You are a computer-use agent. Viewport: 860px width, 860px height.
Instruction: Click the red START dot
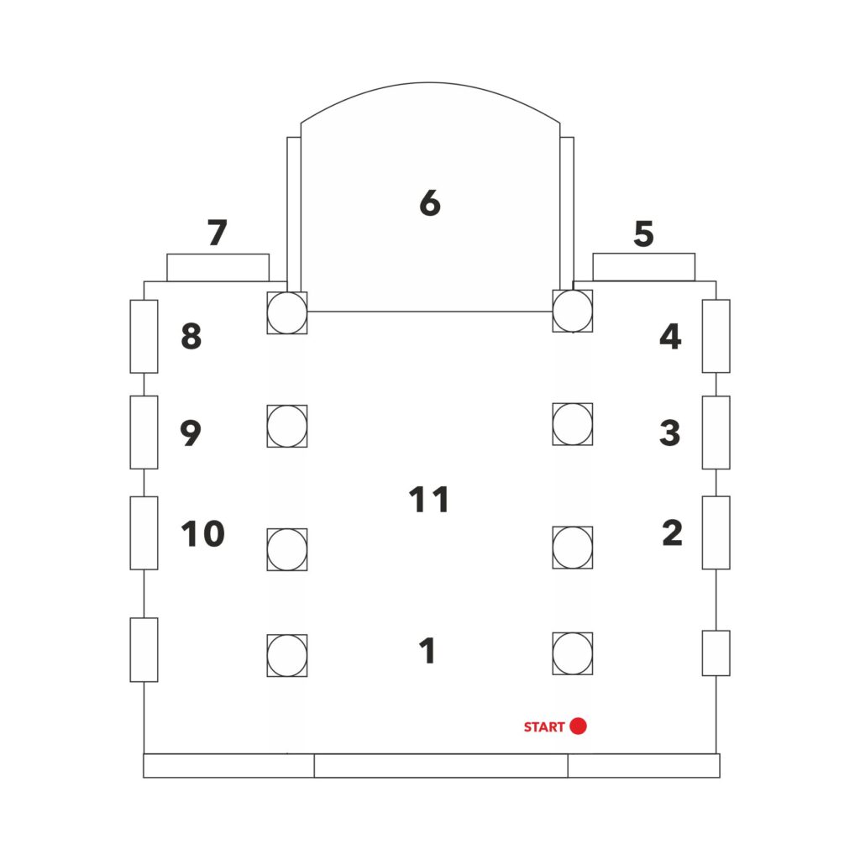(578, 726)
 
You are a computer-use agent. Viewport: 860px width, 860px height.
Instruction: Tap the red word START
(544, 726)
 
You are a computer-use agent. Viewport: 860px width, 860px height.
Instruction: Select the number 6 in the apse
(430, 202)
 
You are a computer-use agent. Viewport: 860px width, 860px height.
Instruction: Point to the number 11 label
(429, 499)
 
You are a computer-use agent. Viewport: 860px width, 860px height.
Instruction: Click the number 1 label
(427, 651)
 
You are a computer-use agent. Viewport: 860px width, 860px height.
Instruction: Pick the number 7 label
(218, 232)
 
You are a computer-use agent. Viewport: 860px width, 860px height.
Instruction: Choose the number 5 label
(643, 233)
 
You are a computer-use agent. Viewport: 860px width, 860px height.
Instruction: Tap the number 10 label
(203, 533)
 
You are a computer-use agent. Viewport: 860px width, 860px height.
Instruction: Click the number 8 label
(191, 336)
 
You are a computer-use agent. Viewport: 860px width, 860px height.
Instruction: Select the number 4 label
(670, 336)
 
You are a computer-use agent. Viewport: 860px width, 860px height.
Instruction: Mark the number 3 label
(669, 433)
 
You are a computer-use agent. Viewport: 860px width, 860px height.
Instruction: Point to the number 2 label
(673, 532)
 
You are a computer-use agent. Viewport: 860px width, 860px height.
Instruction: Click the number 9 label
(191, 433)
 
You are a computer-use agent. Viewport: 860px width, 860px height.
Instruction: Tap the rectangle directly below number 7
(218, 268)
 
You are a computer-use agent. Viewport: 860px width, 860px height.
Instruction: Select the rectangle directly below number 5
(644, 267)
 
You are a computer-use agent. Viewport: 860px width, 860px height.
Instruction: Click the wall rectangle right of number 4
(716, 336)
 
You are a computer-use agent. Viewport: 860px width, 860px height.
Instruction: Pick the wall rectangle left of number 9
(144, 433)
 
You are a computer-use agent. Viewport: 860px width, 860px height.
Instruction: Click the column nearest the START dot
(573, 653)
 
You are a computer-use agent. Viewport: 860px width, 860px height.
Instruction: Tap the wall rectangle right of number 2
(716, 532)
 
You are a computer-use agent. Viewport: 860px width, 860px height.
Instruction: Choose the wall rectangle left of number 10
(144, 533)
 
